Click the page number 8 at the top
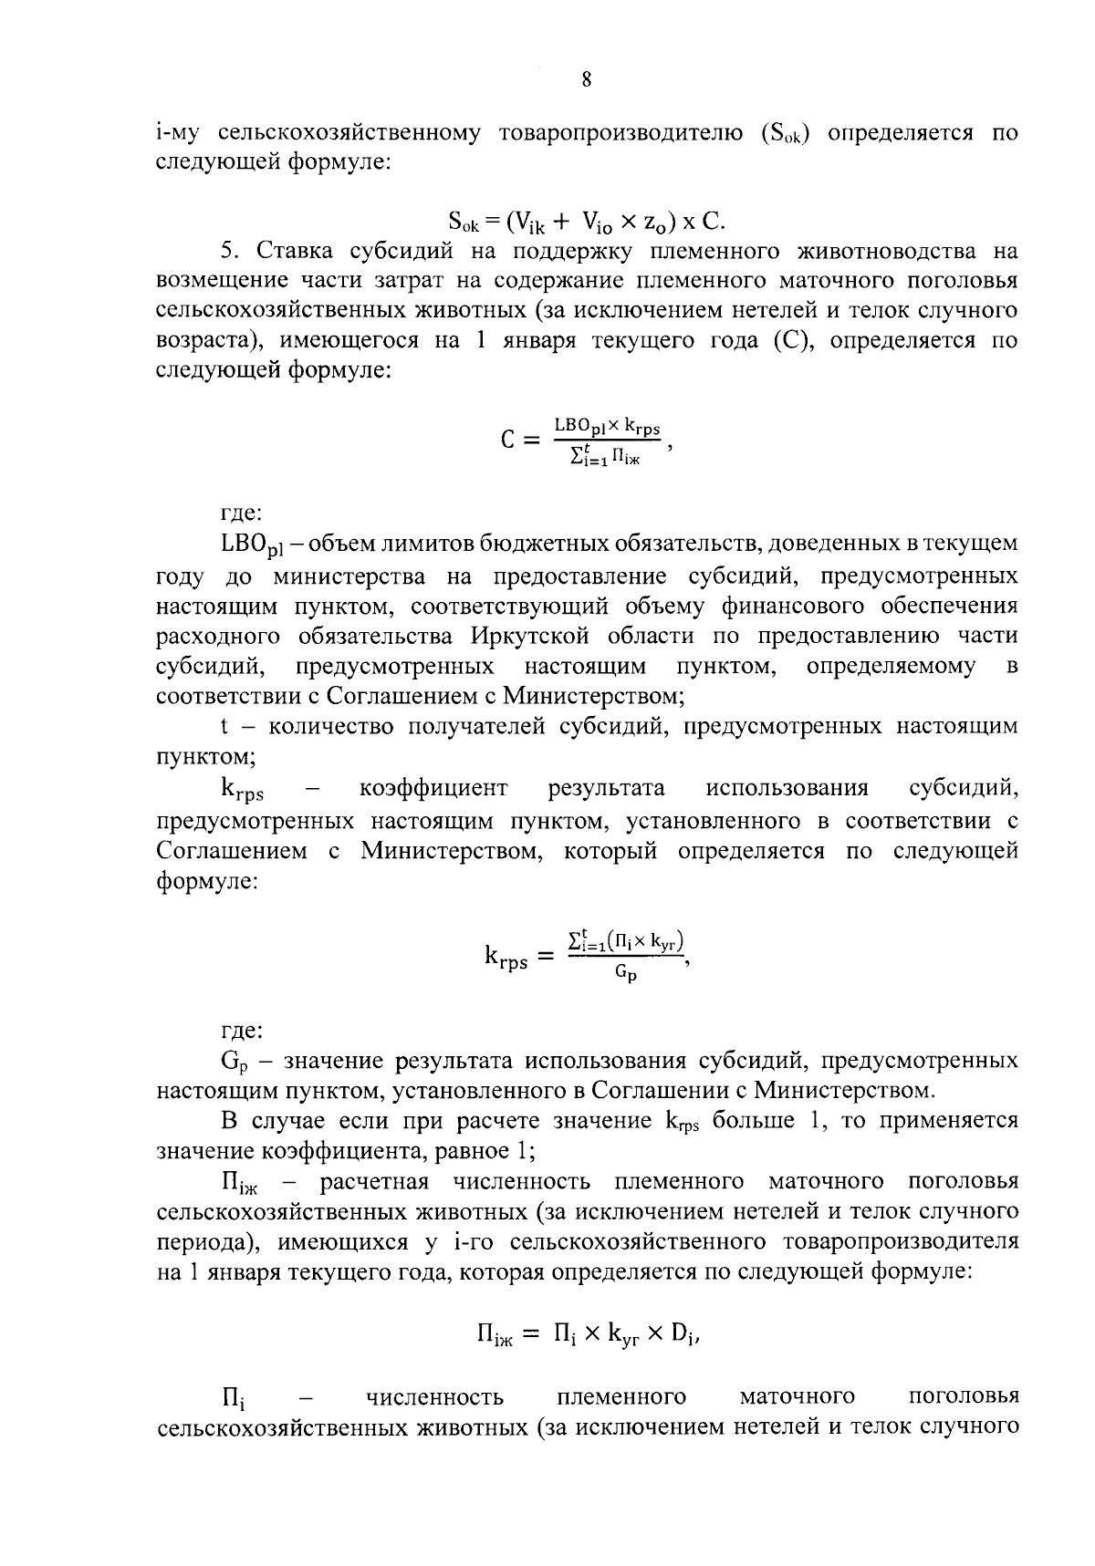(586, 80)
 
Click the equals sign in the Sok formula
(492, 220)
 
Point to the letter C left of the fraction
(509, 441)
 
